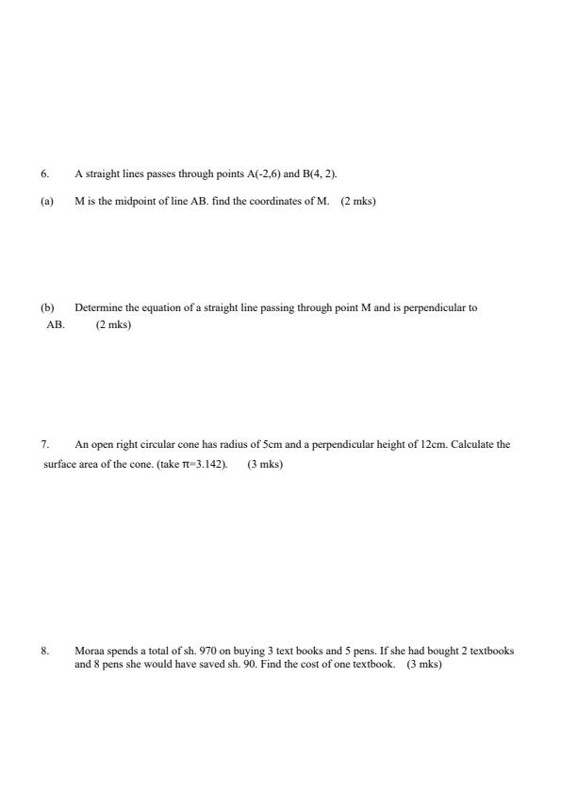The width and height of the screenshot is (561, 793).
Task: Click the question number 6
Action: [x=43, y=173]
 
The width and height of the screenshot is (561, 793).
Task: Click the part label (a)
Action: [x=46, y=200]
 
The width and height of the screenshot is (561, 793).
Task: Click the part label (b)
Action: [x=46, y=307]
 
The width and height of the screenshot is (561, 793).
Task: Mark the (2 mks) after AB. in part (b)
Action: [x=113, y=325]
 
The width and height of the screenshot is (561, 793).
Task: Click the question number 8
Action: [x=43, y=651]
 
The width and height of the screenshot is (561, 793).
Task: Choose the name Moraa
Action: [x=88, y=651]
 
